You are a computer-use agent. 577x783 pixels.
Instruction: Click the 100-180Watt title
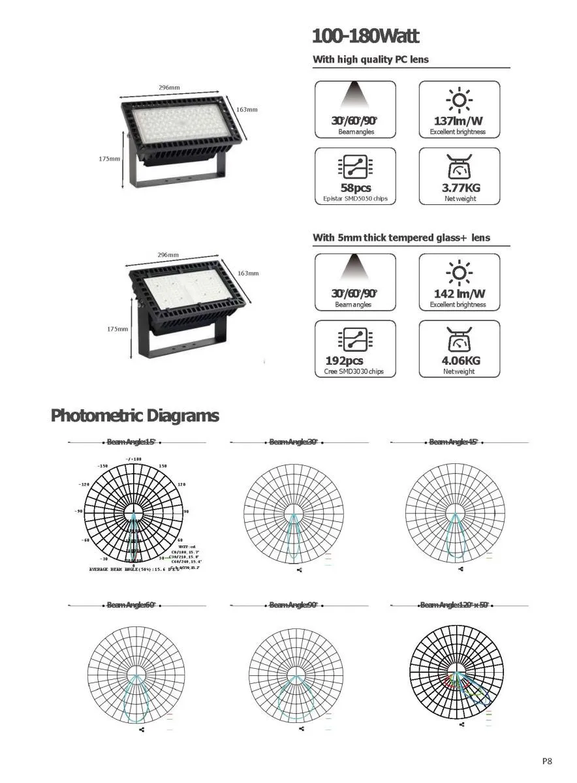point(366,36)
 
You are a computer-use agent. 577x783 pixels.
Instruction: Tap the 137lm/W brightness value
point(458,121)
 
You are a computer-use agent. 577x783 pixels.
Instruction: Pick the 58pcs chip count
point(354,189)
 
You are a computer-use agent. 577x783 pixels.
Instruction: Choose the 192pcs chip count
point(344,361)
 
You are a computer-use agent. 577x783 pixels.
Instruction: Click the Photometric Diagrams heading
point(135,416)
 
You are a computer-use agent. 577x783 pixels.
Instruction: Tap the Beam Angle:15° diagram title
point(132,442)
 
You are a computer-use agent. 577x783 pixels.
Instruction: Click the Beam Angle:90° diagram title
point(294,606)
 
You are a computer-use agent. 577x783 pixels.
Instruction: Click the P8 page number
point(547,760)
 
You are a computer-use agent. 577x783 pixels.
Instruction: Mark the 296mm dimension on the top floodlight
point(169,87)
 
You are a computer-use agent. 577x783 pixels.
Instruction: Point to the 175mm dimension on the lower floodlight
point(117,329)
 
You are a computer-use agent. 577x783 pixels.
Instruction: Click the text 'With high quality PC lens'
point(371,59)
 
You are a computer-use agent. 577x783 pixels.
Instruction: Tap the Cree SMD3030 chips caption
point(354,372)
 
